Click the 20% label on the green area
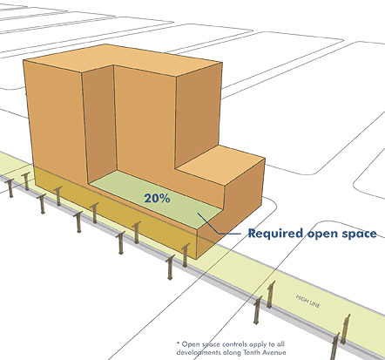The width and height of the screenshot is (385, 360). tap(157, 199)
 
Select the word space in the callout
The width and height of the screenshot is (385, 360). tap(359, 234)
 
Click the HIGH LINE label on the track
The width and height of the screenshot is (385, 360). tap(308, 302)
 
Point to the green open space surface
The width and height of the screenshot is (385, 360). tap(157, 198)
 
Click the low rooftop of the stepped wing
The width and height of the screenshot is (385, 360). tap(220, 164)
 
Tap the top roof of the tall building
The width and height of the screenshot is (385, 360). tap(122, 59)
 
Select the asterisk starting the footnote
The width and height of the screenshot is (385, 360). tap(178, 343)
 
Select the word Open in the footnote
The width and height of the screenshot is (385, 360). tap(191, 344)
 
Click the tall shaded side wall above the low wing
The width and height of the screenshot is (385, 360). tap(199, 115)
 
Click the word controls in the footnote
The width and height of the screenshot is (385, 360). tap(237, 344)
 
